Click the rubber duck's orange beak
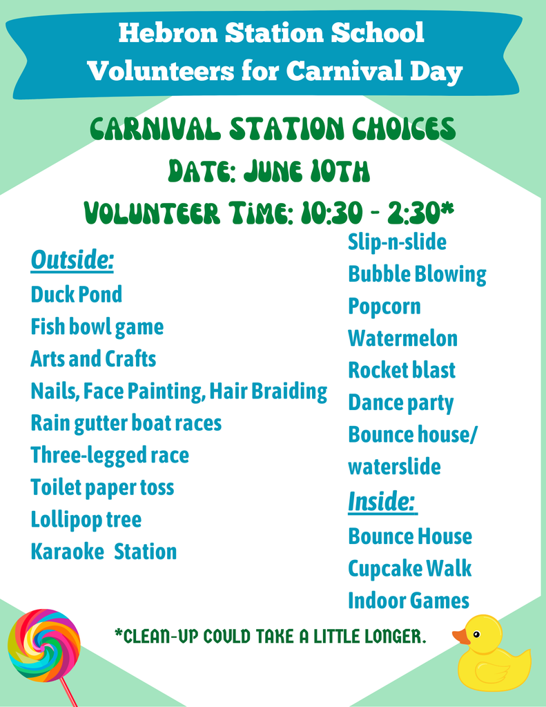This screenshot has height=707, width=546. point(460,637)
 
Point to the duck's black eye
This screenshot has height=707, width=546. point(476,634)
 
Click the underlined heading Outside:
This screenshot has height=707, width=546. point(72,260)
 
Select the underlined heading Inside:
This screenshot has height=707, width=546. point(382,502)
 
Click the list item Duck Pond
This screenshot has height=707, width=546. point(76,295)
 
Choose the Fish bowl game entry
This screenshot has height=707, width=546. point(97,327)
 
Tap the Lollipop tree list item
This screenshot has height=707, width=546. point(86,519)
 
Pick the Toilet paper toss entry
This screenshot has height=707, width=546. point(102,487)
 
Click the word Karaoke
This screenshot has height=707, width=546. point(67,552)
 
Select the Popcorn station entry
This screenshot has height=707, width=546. point(384,307)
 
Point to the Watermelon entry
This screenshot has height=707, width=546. point(402,338)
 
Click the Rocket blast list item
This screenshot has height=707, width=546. point(402,370)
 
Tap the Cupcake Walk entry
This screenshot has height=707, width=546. point(410,569)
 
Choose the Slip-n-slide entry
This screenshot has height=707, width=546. point(397,242)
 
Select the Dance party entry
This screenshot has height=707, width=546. point(400,403)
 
